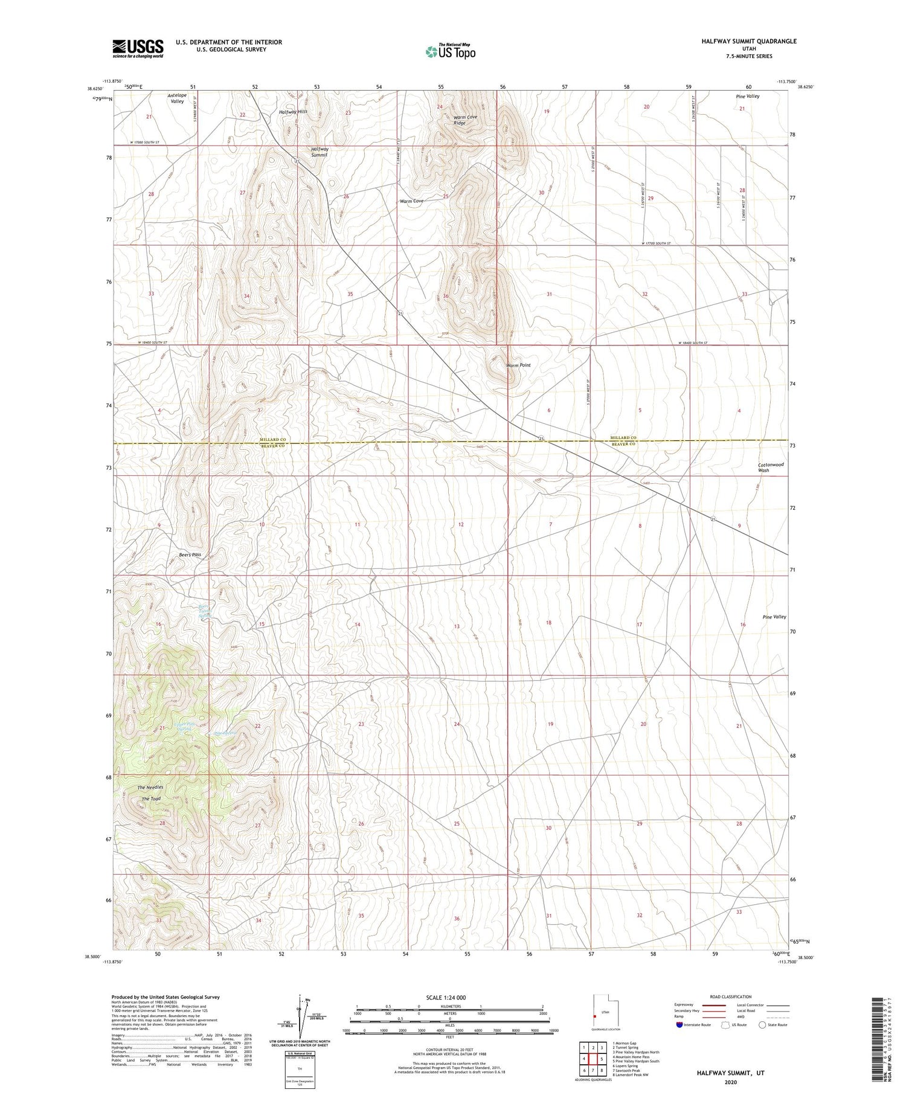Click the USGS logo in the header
point(138,48)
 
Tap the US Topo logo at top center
point(450,52)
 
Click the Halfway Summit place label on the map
point(320,152)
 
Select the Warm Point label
point(518,365)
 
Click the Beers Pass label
point(190,554)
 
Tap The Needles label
point(150,788)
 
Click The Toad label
point(151,799)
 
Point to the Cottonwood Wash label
point(771,467)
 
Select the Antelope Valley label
point(177,98)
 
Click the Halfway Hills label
point(293,112)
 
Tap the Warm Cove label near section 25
point(411,201)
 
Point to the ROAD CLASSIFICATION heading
point(731,997)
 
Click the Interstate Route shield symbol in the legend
point(679,1024)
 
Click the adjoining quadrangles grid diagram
point(593,1059)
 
